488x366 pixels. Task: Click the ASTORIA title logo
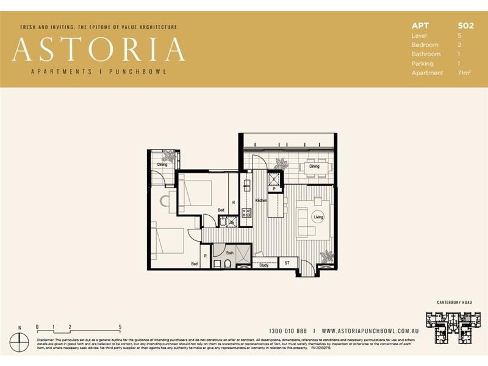[98, 49]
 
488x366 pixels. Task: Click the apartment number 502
[465, 26]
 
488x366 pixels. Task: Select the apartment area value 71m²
[465, 73]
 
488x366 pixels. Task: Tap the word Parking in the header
[423, 63]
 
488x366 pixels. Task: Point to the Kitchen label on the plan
[261, 200]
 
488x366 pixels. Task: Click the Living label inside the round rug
[318, 217]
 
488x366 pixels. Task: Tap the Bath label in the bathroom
[230, 252]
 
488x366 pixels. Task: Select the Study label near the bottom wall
[264, 265]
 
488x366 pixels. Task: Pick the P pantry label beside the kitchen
[274, 190]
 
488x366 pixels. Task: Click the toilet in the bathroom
[226, 264]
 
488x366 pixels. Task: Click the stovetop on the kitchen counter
[246, 213]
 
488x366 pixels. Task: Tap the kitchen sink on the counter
[246, 184]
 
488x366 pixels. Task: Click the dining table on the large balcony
[315, 166]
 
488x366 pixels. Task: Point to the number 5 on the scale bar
[120, 327]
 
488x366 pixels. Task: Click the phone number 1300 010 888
[289, 329]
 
